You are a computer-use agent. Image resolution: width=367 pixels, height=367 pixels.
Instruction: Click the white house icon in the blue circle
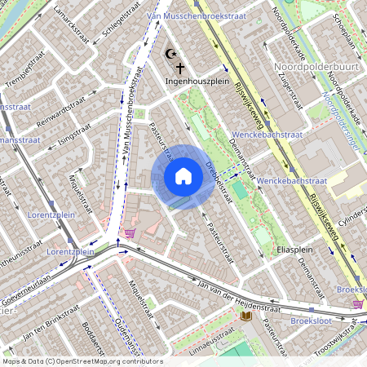(183, 175)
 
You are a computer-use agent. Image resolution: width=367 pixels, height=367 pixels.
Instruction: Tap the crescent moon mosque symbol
(170, 55)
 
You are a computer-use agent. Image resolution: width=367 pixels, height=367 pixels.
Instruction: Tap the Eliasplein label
(295, 248)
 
